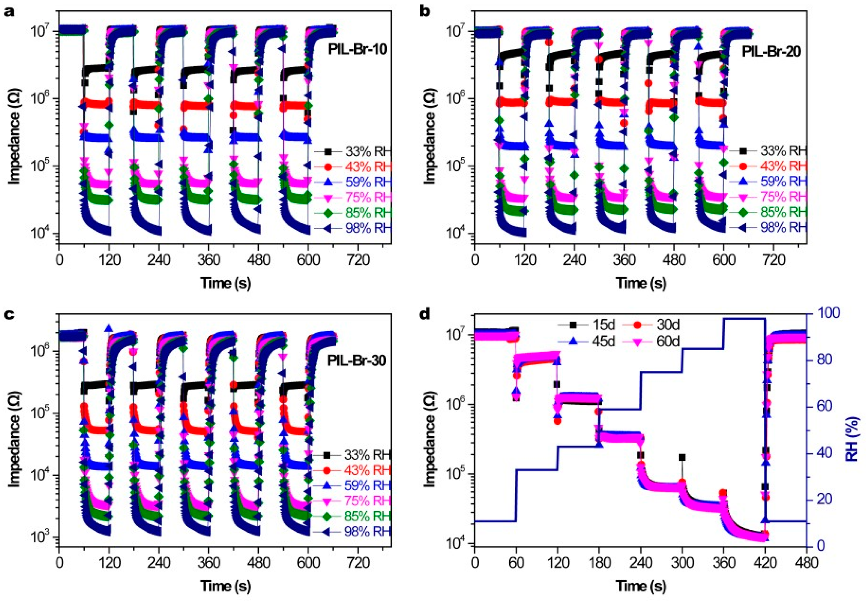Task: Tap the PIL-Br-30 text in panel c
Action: [x=356, y=361]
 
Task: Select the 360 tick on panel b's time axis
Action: [x=624, y=261]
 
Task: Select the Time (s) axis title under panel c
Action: [x=225, y=586]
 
